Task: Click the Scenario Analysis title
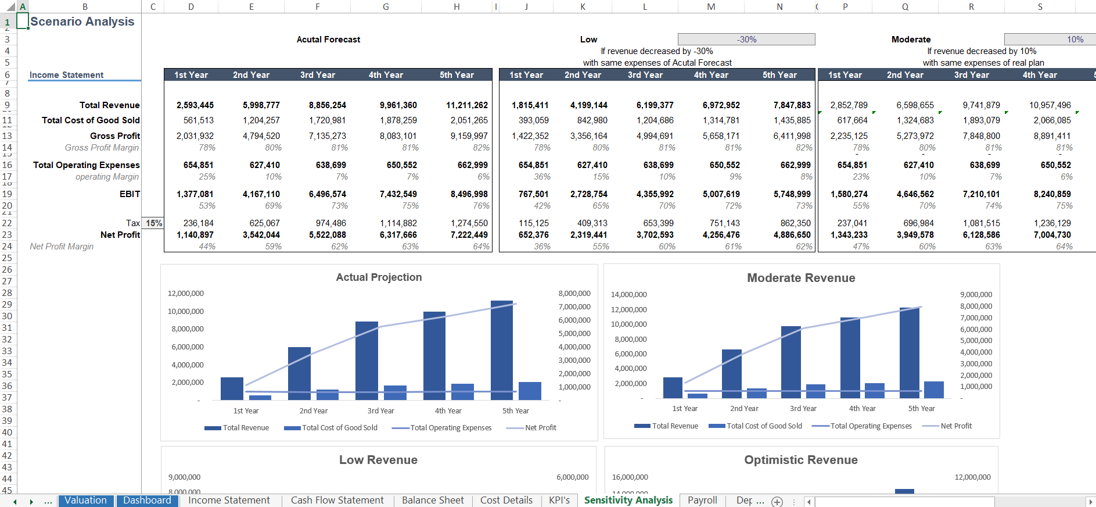pos(82,22)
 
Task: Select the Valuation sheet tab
pos(85,500)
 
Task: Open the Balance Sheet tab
pos(432,500)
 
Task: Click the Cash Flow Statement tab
pos(337,500)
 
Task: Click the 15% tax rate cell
pos(154,223)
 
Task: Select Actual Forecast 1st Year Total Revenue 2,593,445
pos(195,105)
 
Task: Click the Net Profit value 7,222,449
pos(469,235)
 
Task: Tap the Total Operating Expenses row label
pos(86,165)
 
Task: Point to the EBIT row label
pos(130,194)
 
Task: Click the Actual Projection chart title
pos(379,277)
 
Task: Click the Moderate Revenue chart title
pos(800,278)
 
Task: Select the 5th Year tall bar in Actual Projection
pos(501,349)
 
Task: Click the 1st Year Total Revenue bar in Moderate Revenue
pos(673,387)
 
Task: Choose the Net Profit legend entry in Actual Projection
pos(540,428)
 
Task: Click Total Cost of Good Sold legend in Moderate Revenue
pos(763,426)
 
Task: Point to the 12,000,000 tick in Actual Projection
pos(186,294)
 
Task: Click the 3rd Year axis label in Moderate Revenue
pos(803,409)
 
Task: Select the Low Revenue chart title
pos(378,460)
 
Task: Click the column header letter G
pos(386,7)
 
